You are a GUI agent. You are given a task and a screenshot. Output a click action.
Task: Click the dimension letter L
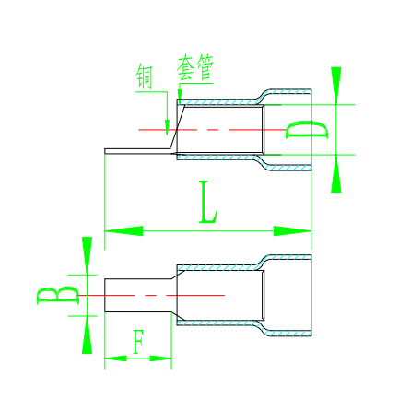point(208,203)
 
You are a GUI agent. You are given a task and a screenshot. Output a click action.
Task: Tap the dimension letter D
point(307,130)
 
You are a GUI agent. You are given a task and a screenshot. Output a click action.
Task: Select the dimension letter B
point(57,295)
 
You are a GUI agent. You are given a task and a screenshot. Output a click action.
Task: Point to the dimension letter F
point(138,342)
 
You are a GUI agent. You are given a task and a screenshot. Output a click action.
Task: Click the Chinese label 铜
point(144,76)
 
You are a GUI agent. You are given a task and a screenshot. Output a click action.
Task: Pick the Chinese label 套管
point(194,67)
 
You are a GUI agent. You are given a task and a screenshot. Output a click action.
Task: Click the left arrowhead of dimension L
point(123,231)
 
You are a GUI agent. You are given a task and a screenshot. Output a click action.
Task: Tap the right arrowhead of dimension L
point(292,231)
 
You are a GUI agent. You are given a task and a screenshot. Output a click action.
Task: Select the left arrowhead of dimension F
point(115,358)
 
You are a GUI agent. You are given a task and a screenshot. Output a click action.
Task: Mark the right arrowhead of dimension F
point(160,358)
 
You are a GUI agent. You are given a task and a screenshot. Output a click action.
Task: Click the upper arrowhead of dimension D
point(336,86)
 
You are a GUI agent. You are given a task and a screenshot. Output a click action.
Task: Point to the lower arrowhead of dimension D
point(336,173)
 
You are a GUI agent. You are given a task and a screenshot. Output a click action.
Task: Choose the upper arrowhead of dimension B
point(88,255)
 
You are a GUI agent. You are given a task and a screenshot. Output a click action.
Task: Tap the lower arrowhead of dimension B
point(88,335)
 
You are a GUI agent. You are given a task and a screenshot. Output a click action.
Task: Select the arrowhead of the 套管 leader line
point(180,94)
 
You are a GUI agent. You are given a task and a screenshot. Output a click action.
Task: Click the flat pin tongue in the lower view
point(138,295)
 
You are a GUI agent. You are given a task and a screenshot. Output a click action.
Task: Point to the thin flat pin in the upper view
point(138,151)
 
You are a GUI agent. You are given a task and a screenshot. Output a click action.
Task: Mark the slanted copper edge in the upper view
point(178,127)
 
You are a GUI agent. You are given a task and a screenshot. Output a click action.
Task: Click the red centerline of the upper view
point(212,130)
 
